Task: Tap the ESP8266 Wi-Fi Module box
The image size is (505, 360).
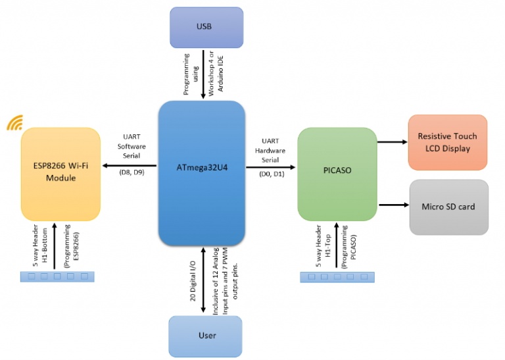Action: click(60, 173)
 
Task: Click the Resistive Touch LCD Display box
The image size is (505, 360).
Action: click(447, 142)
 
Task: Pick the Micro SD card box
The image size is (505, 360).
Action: click(448, 207)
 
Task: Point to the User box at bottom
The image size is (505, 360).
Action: click(206, 336)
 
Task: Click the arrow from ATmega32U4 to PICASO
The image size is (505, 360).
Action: click(272, 167)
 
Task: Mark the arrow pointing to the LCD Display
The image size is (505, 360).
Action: click(393, 141)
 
